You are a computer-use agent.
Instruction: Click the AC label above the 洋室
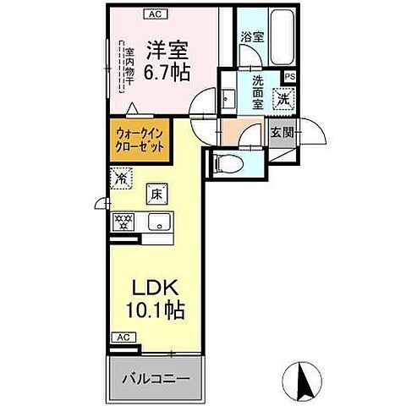(x=154, y=14)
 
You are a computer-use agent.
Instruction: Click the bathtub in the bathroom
(x=281, y=40)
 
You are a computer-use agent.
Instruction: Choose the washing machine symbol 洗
(x=285, y=99)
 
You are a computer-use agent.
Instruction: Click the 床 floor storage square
(x=156, y=195)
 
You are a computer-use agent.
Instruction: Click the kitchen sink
(x=156, y=222)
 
